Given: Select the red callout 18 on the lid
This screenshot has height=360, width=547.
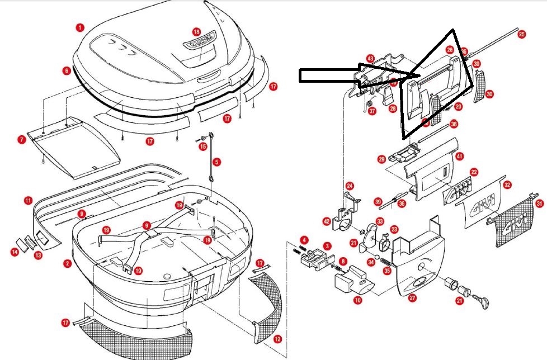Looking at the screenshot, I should (x=196, y=32).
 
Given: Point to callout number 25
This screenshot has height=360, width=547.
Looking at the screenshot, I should (x=521, y=34).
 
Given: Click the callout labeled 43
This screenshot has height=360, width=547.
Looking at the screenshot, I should (x=370, y=58).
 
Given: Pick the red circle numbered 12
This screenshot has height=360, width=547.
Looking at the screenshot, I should (x=277, y=339).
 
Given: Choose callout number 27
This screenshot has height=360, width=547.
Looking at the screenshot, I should (x=412, y=298).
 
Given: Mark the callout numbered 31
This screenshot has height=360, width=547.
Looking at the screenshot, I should (x=539, y=203).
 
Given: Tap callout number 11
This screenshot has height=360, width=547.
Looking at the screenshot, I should (x=27, y=200).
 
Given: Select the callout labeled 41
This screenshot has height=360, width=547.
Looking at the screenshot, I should (x=459, y=156).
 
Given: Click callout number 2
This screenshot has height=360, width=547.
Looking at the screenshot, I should (x=67, y=263).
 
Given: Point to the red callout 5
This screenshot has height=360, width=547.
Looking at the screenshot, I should (x=216, y=162).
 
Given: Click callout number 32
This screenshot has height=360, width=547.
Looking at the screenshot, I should (x=507, y=183).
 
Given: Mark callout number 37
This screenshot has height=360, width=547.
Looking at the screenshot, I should (x=372, y=111).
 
